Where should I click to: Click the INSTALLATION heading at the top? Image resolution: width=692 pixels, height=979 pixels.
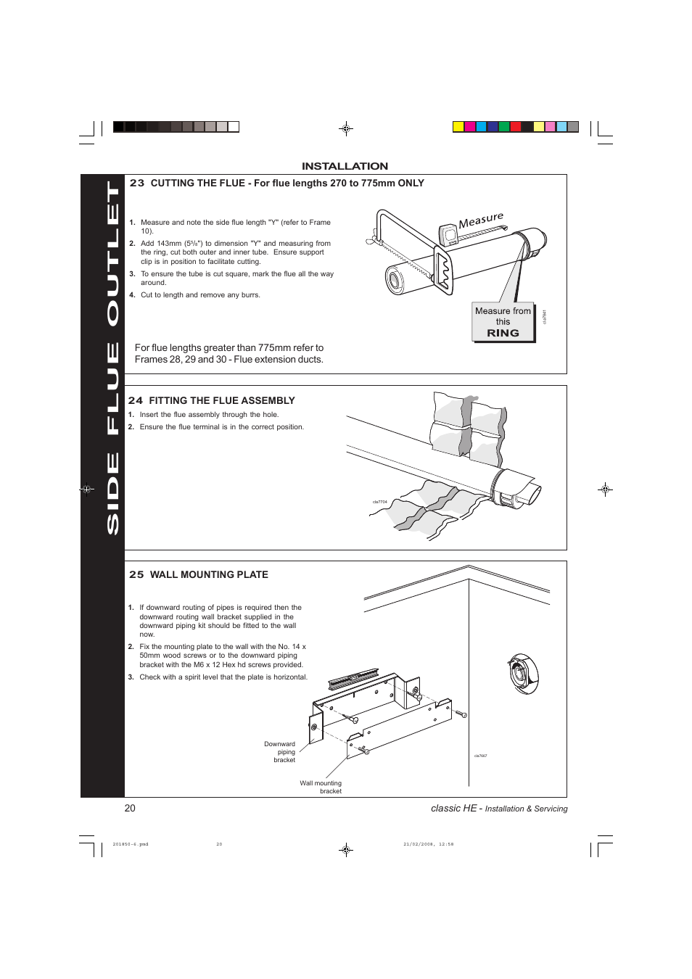345,166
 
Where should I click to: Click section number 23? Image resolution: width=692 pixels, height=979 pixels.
136,183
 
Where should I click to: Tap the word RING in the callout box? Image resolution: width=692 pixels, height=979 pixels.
503,333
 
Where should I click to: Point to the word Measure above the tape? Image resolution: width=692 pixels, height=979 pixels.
480,220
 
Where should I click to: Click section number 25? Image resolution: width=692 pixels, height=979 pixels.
136,574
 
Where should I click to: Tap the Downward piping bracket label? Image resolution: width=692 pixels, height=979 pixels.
280,752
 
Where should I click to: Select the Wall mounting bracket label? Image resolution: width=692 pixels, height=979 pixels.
321,787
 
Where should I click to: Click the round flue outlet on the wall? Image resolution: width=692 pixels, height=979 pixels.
522,672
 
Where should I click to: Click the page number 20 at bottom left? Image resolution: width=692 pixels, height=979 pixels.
130,808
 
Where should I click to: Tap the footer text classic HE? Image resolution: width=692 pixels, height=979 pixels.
453,808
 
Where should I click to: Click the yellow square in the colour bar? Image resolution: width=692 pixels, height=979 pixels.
458,127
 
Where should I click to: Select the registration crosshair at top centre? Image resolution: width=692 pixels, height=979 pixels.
346,129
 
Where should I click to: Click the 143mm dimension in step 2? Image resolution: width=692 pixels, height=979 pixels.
169,244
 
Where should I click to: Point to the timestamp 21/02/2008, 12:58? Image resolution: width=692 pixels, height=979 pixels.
428,844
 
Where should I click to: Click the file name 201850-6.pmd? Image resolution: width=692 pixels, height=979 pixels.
131,844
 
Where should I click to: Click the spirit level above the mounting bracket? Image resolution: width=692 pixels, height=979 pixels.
353,679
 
